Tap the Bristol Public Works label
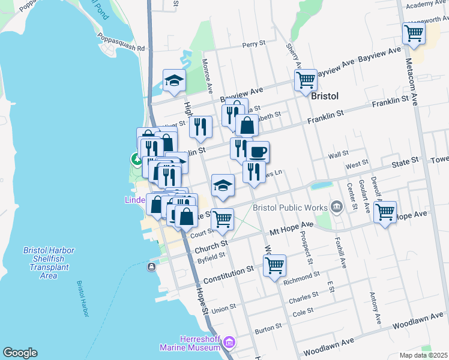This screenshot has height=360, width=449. click(x=290, y=208)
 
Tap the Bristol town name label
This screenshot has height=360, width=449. click(x=325, y=96)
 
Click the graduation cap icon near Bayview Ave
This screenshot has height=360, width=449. click(x=175, y=81)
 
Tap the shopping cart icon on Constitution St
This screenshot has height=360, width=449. click(x=274, y=264)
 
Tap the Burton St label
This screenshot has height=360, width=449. click(x=268, y=328)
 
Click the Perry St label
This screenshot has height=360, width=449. click(x=254, y=44)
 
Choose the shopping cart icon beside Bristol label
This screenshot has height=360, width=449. click(x=306, y=79)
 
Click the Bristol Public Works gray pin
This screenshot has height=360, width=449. click(x=336, y=208)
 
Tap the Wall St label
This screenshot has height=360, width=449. click(x=339, y=155)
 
